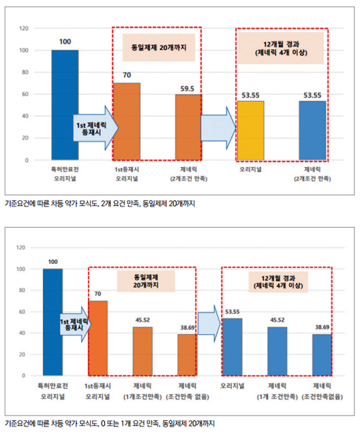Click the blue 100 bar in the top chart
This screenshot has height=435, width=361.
click(x=65, y=105)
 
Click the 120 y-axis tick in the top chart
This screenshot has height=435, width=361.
click(x=24, y=28)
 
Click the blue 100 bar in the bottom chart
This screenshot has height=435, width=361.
click(x=53, y=322)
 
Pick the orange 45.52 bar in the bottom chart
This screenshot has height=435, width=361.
click(x=143, y=351)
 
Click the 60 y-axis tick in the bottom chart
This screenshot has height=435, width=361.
click(x=22, y=311)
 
